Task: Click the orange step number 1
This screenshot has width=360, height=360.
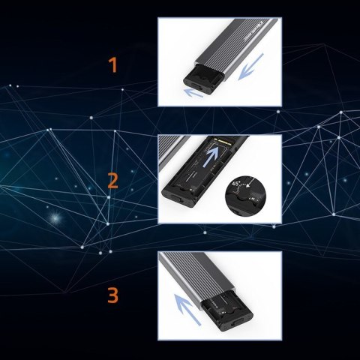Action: (113, 65)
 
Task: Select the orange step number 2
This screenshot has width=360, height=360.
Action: (112, 181)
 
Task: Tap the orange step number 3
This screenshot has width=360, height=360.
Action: (112, 295)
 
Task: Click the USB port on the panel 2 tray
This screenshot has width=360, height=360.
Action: (178, 199)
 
